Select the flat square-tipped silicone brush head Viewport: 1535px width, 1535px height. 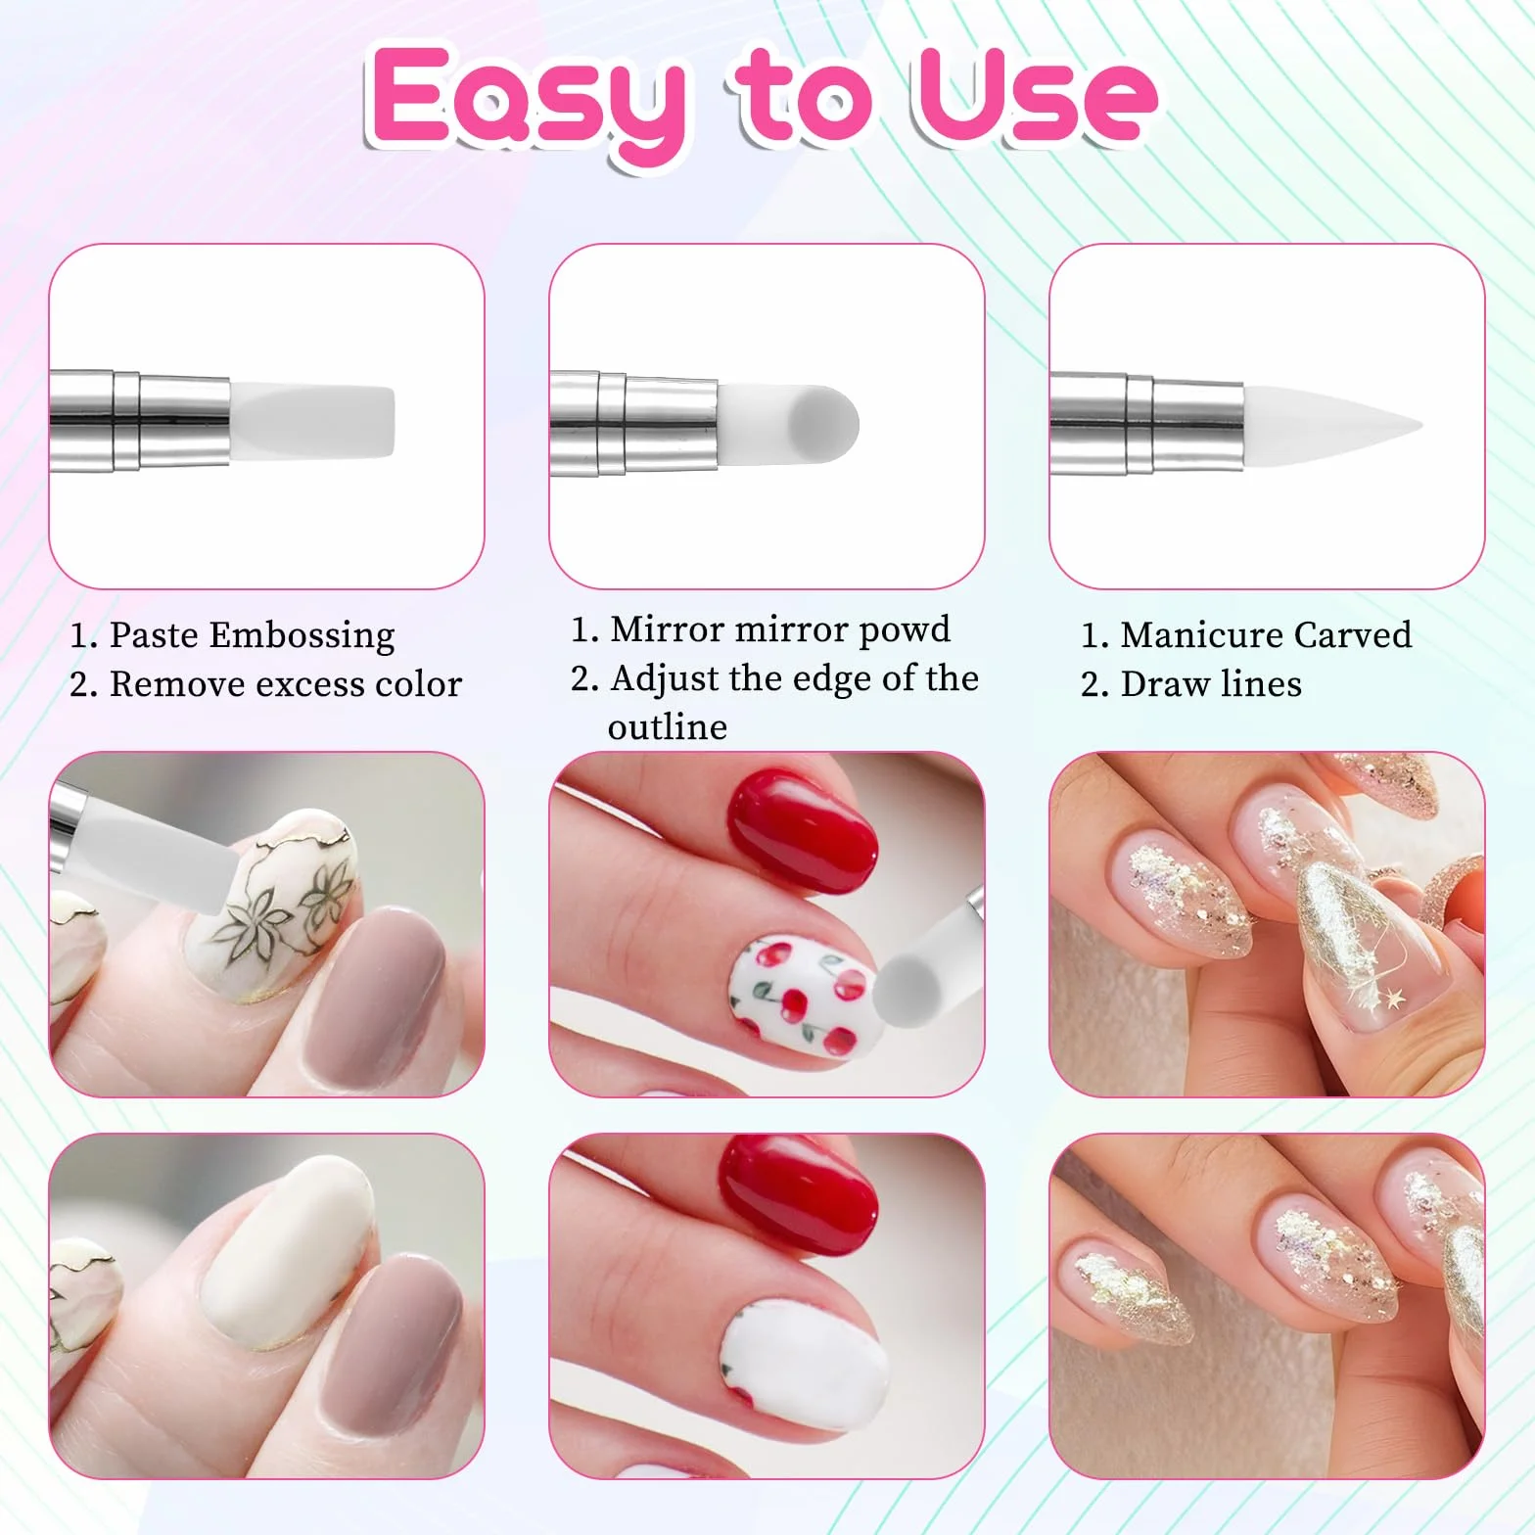312,421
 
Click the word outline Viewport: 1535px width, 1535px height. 668,727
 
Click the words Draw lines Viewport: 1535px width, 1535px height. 1211,684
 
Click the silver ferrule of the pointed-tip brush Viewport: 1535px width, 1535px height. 1147,422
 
